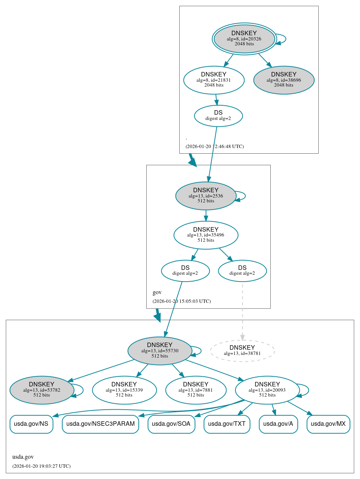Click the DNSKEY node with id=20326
[x=244, y=39]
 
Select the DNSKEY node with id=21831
[x=214, y=80]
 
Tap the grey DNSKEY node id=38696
[x=284, y=80]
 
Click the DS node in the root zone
[x=218, y=116]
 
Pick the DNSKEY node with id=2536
[x=206, y=196]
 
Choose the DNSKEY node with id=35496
[x=206, y=235]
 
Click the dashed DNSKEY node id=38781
[x=242, y=351]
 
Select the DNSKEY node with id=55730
[x=160, y=350]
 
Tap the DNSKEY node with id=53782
[x=42, y=390]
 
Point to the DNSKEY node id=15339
[x=124, y=390]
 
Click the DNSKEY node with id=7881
[x=196, y=390]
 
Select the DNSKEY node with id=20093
[x=267, y=390]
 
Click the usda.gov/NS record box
[x=31, y=424]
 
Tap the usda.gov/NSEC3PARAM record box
[x=100, y=424]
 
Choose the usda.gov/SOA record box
[x=171, y=424]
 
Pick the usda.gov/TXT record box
[x=227, y=424]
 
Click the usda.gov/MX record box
[x=328, y=424]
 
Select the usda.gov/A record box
[x=278, y=424]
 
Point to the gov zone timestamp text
[x=181, y=301]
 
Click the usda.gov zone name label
[x=23, y=457]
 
